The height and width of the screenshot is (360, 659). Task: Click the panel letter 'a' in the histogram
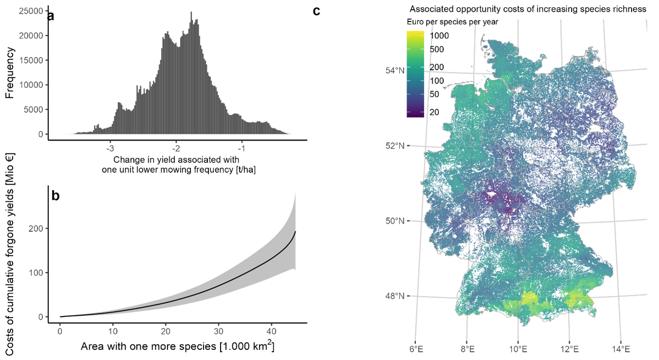(x=51, y=16)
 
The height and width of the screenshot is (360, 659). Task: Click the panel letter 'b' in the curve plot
(x=56, y=196)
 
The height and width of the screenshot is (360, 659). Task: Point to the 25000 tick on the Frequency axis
(x=32, y=11)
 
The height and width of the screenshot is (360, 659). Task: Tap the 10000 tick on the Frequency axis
(x=32, y=85)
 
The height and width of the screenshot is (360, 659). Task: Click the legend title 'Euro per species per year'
(x=452, y=22)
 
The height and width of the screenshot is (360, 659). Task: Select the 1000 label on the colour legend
(x=440, y=36)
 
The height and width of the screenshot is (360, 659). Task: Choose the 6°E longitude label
(x=415, y=350)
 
